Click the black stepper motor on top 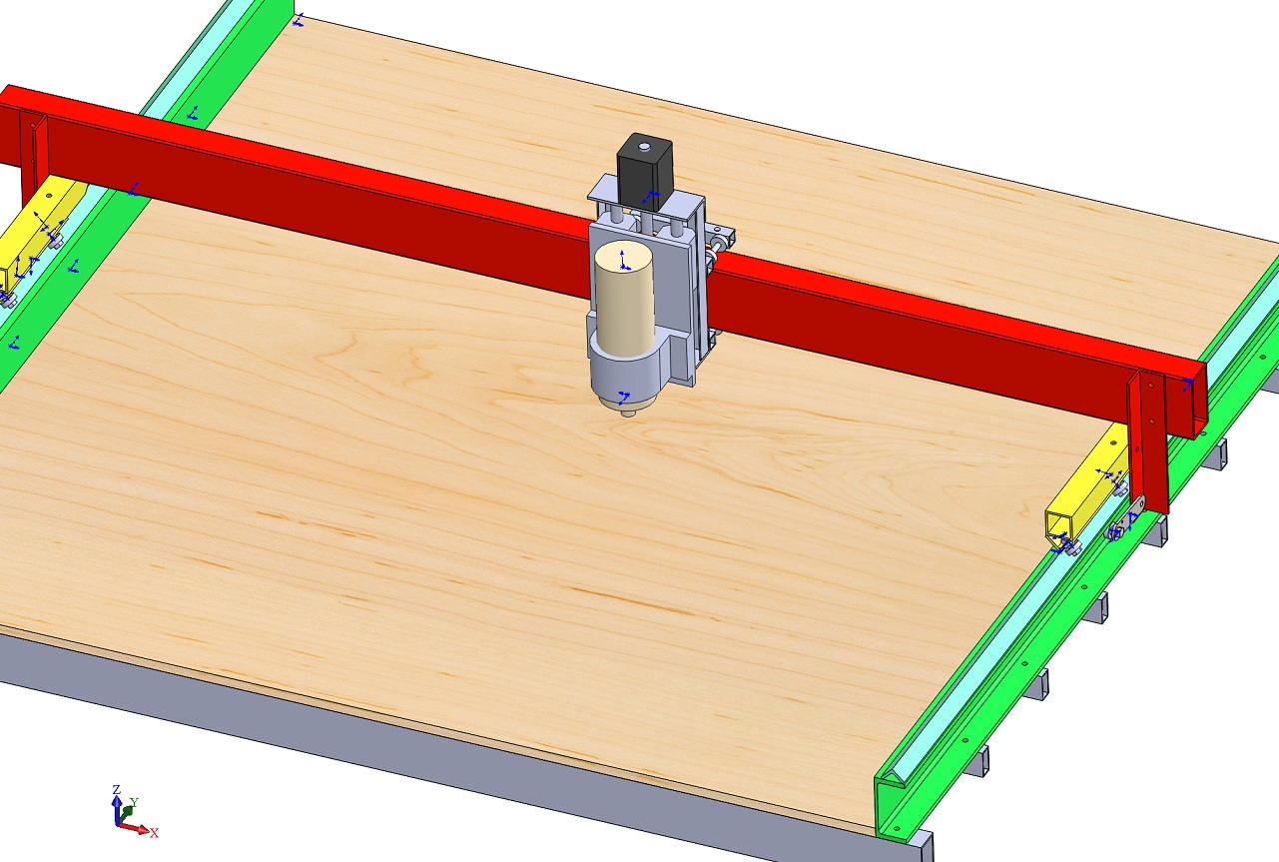645,170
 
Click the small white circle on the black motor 645,147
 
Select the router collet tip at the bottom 628,413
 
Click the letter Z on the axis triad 117,789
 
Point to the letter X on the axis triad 154,833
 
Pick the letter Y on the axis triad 135,802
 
